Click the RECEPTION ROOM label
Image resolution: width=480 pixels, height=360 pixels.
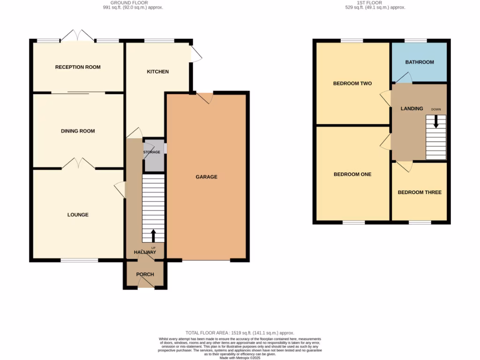pyautogui.click(x=78, y=67)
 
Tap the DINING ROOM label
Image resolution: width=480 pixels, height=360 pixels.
pyautogui.click(x=78, y=131)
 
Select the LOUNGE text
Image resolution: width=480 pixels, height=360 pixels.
pyautogui.click(x=78, y=215)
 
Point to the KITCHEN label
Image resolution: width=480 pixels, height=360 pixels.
pyautogui.click(x=157, y=72)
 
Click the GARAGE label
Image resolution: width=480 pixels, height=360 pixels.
pyautogui.click(x=206, y=177)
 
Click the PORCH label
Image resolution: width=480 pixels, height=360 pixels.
pyautogui.click(x=145, y=274)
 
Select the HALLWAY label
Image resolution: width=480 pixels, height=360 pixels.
pyautogui.click(x=145, y=252)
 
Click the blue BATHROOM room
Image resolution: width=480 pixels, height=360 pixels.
pyautogui.click(x=420, y=62)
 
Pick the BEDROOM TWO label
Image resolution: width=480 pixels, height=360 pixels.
pyautogui.click(x=352, y=83)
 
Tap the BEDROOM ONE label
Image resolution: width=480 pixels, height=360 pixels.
pyautogui.click(x=352, y=174)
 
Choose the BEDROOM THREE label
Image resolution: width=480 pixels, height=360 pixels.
pyautogui.click(x=420, y=192)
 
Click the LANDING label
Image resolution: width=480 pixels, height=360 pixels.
pyautogui.click(x=412, y=109)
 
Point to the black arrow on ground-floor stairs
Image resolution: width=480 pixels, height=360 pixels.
pyautogui.click(x=153, y=235)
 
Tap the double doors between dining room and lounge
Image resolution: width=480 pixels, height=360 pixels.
pyautogui.click(x=78, y=164)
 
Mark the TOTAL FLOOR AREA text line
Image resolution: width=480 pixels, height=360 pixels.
pyautogui.click(x=240, y=333)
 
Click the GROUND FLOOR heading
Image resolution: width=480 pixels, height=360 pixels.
pyautogui.click(x=133, y=3)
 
